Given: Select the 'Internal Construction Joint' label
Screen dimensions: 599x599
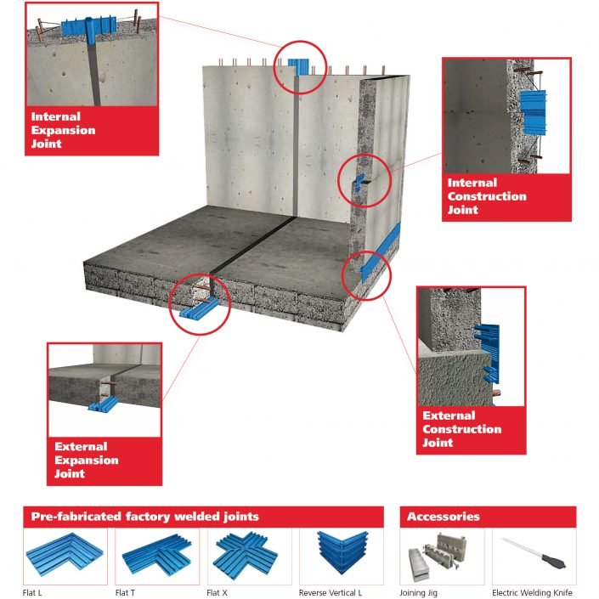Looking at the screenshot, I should point(487,196).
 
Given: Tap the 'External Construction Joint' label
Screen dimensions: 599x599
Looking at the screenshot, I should point(462,429).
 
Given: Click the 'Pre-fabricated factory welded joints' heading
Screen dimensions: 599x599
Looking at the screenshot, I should point(145,517).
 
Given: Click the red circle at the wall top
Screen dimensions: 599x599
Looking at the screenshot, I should point(300,67).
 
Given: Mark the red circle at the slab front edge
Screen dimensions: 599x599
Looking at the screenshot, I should point(200,305).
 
